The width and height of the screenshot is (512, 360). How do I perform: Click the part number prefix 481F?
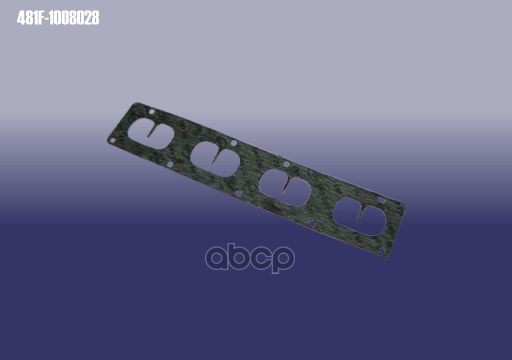(x=30, y=18)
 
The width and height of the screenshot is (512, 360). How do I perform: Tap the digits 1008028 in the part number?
(x=74, y=18)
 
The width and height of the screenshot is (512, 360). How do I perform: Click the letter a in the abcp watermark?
(x=217, y=258)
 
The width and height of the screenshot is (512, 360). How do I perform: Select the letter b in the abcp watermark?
(x=239, y=255)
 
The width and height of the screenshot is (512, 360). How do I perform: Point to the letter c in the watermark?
(x=261, y=258)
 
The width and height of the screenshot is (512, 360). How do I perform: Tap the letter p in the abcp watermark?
(x=283, y=260)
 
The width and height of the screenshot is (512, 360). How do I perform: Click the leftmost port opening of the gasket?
(x=151, y=134)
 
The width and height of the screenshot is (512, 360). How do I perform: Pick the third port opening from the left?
(x=285, y=188)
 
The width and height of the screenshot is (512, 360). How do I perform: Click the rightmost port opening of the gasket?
(x=359, y=217)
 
